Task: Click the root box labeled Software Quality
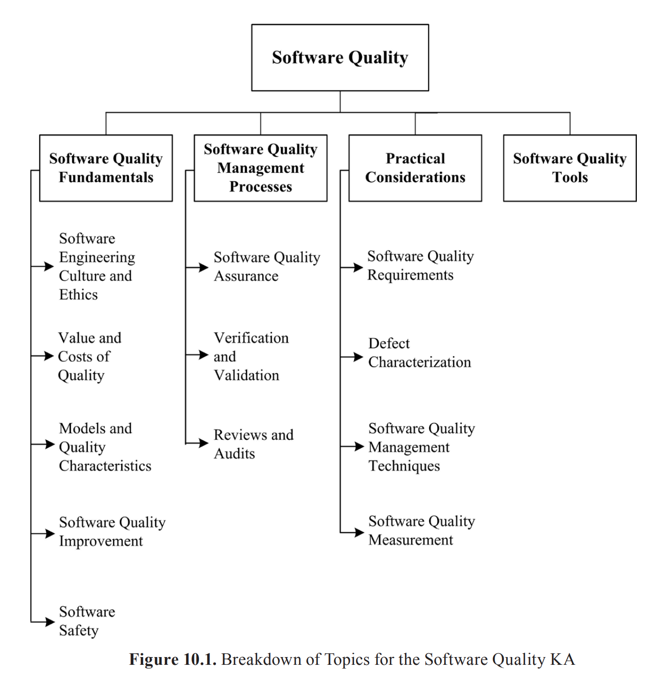pyautogui.click(x=340, y=57)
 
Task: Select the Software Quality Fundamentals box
pyautogui.click(x=106, y=168)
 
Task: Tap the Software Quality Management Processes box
pyautogui.click(x=260, y=168)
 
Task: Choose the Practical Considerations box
pyautogui.click(x=415, y=168)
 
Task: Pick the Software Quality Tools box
pyautogui.click(x=570, y=168)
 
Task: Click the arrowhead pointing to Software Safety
pyautogui.click(x=50, y=622)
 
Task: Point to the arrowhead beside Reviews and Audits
pyautogui.click(x=204, y=443)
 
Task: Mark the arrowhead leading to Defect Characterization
pyautogui.click(x=358, y=357)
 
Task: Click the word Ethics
pyautogui.click(x=78, y=295)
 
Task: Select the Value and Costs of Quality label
pyautogui.click(x=89, y=357)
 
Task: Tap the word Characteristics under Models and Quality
pyautogui.click(x=105, y=466)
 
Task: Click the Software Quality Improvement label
pyautogui.click(x=112, y=531)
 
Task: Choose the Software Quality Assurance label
pyautogui.click(x=267, y=267)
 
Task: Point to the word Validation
pyautogui.click(x=246, y=375)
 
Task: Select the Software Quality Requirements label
pyautogui.click(x=420, y=265)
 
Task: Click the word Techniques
pyautogui.click(x=404, y=466)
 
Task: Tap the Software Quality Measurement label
pyautogui.click(x=421, y=530)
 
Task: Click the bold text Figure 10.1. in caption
pyautogui.click(x=172, y=659)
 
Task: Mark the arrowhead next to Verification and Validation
pyautogui.click(x=204, y=355)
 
